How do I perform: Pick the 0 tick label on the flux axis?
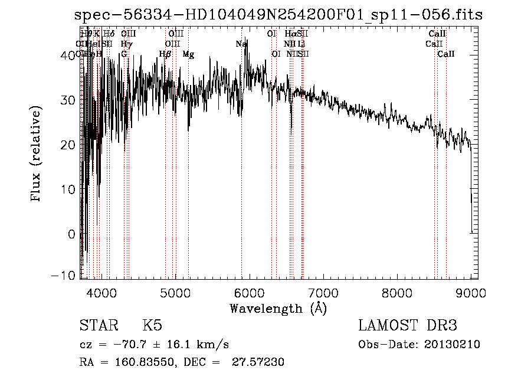(x=71, y=234)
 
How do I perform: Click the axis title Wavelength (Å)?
(x=278, y=308)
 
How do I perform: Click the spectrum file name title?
(x=278, y=15)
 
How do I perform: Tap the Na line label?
(x=241, y=44)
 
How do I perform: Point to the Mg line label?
(x=188, y=54)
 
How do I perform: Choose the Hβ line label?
(x=165, y=54)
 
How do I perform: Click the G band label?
(x=124, y=54)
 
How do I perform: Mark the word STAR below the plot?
(x=99, y=326)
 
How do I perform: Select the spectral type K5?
(x=152, y=326)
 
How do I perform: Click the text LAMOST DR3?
(x=408, y=326)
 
